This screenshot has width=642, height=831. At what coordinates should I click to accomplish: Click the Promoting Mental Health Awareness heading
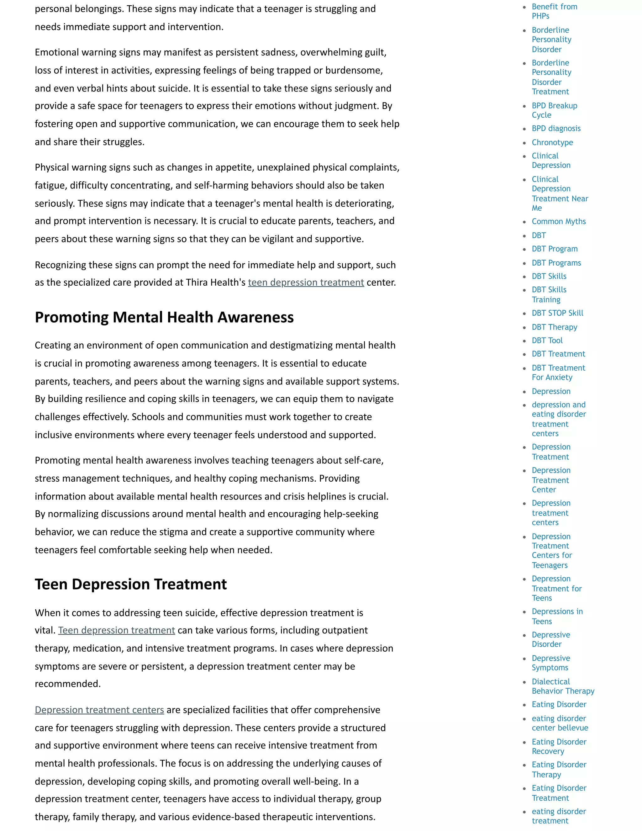pos(164,317)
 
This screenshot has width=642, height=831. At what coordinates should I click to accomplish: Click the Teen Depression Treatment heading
pos(130,584)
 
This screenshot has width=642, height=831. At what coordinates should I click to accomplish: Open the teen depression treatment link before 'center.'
pos(306,283)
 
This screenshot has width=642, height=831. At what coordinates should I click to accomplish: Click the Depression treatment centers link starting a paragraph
pos(99,710)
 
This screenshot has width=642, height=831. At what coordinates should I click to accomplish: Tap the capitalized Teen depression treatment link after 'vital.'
pos(116,631)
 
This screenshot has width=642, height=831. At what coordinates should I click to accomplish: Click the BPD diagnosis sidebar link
pos(556,129)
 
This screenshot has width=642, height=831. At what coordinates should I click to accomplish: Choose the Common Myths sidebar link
pos(558,221)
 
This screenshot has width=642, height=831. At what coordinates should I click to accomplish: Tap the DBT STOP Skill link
pos(557,313)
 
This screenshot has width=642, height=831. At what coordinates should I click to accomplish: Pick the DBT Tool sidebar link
pos(547,341)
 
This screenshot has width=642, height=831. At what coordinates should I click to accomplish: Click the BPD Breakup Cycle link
pos(554,110)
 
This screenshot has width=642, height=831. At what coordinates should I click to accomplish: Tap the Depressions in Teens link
pos(557,617)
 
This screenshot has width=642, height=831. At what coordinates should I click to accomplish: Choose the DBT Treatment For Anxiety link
pos(558,373)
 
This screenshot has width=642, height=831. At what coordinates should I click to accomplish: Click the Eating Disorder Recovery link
pos(559,747)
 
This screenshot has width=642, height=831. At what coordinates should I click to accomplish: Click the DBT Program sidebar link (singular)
pos(554,249)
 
